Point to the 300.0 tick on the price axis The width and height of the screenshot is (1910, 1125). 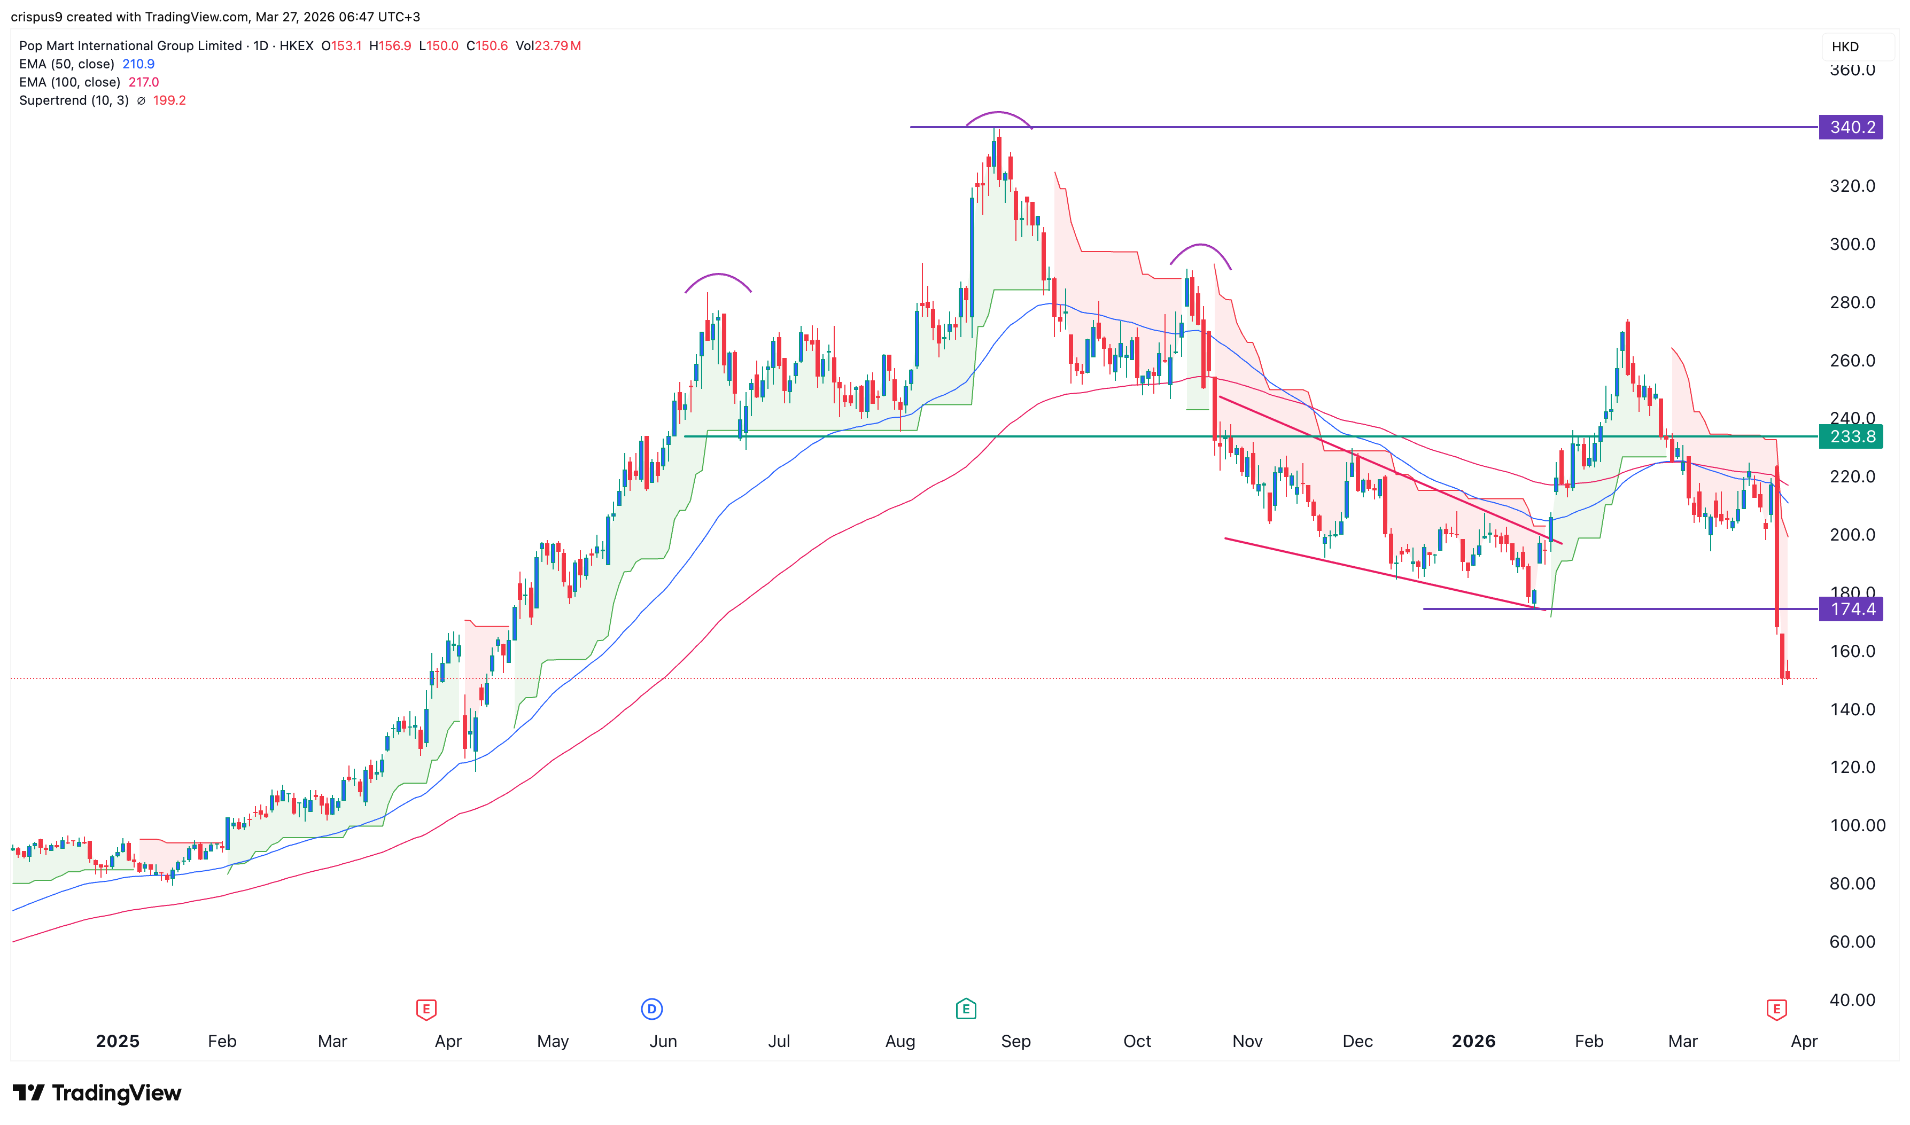1852,244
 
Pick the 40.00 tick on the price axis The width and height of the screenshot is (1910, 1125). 1852,1000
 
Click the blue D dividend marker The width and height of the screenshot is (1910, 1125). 651,1009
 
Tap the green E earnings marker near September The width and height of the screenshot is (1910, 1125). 965,1009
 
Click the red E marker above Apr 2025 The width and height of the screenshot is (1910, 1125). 426,1009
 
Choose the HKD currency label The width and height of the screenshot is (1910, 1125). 1845,47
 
